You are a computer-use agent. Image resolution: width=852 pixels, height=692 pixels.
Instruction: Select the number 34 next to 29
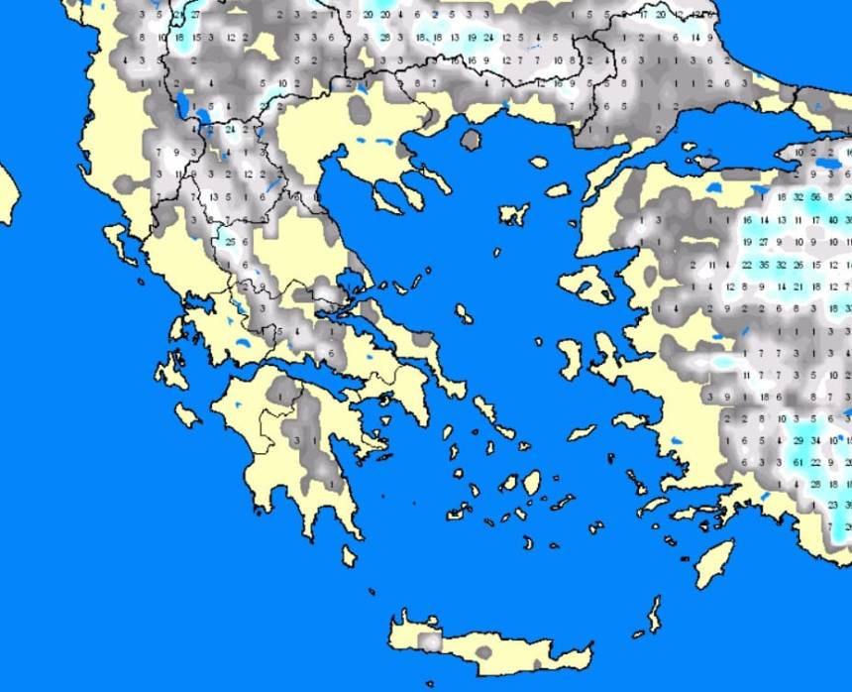(x=815, y=440)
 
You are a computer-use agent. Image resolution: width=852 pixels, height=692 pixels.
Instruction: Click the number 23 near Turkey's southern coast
(x=833, y=505)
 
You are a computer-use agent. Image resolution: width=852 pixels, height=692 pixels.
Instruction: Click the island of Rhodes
(x=714, y=564)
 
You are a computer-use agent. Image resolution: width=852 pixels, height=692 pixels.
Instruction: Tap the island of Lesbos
(x=591, y=284)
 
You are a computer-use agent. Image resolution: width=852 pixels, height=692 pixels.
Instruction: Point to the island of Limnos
(x=514, y=214)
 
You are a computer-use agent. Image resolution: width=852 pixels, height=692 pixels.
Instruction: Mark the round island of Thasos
(x=472, y=140)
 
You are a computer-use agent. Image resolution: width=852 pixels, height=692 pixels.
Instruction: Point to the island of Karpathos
(x=653, y=615)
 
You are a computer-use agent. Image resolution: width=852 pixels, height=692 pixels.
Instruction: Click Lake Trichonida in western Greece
(x=240, y=346)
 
